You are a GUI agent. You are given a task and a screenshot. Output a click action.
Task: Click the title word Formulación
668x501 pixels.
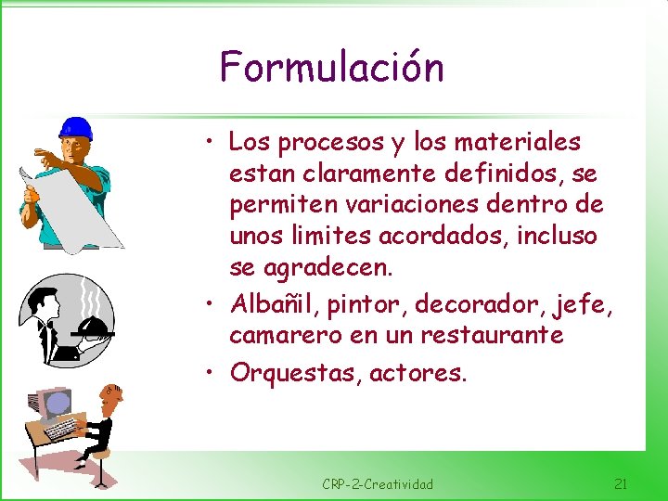pyautogui.click(x=331, y=68)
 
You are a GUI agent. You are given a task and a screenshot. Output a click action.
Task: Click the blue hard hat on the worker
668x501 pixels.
pyautogui.click(x=75, y=128)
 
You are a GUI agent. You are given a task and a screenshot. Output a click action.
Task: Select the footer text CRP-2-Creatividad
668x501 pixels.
pyautogui.click(x=378, y=484)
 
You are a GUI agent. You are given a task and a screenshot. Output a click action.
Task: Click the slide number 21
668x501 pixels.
pyautogui.click(x=621, y=483)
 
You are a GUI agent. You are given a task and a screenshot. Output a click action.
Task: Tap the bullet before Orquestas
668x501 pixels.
pyautogui.click(x=212, y=372)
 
